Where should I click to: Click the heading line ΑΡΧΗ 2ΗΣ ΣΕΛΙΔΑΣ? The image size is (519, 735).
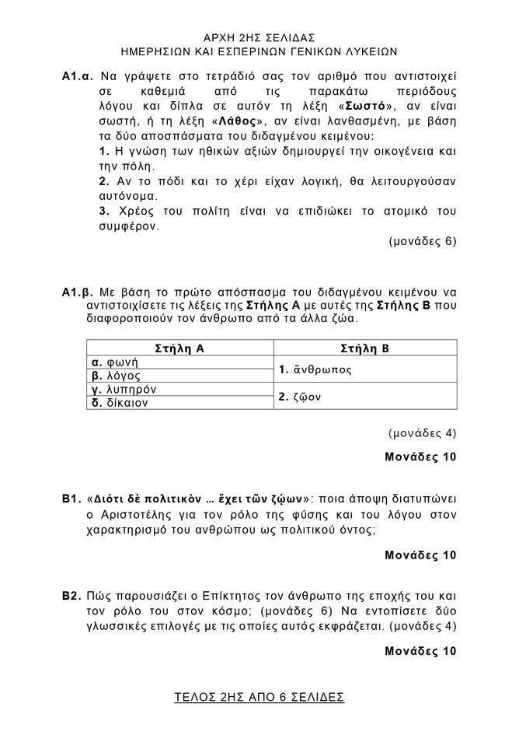(258, 37)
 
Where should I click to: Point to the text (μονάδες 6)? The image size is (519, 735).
(421, 241)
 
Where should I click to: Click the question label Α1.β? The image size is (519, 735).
(78, 292)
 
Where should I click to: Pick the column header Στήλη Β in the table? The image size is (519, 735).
(364, 348)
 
